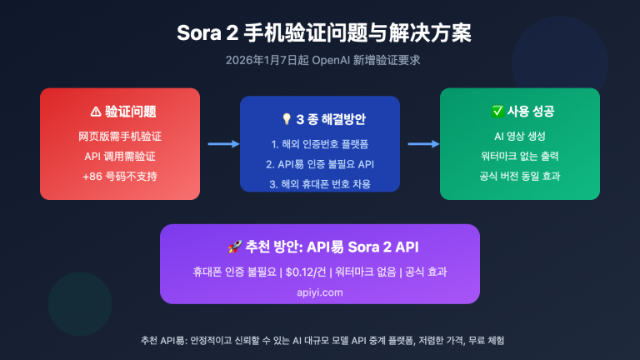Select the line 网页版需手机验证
click(x=120, y=135)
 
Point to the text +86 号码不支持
click(x=120, y=177)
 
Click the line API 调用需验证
click(x=120, y=156)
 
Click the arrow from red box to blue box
click(x=220, y=144)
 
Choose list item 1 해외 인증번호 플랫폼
click(x=320, y=142)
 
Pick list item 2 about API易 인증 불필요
click(x=320, y=163)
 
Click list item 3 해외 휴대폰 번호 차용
click(x=320, y=183)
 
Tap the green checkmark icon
click(x=497, y=112)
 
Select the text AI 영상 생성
click(x=520, y=135)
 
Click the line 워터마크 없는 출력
click(x=520, y=156)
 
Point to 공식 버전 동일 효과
click(x=520, y=177)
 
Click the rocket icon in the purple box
click(x=234, y=247)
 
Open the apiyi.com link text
click(x=320, y=292)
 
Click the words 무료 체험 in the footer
click(x=488, y=341)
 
